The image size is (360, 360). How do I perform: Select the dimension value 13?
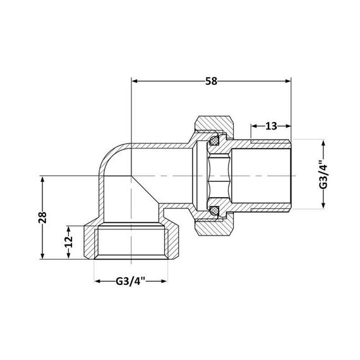tap(271, 126)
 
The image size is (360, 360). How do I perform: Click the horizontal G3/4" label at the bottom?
tap(131, 281)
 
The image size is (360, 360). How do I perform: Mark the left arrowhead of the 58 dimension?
tap(135, 81)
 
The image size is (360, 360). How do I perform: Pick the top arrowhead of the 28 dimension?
tap(43, 179)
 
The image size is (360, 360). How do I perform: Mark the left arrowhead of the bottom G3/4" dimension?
tap(97, 281)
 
